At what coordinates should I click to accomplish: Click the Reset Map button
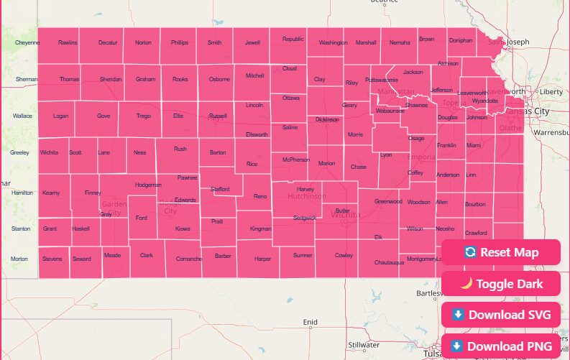coord(501,252)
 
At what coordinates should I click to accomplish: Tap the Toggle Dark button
coord(501,284)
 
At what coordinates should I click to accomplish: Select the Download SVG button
coord(501,315)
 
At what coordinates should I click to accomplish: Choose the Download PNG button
coord(501,346)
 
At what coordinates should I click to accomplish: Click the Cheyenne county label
coord(27,43)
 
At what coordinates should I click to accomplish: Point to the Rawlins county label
coord(68,43)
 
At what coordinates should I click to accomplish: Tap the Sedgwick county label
coord(304,218)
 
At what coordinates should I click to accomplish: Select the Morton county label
coord(19,259)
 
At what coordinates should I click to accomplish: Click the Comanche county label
coord(189,258)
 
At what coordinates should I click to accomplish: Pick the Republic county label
coord(293,40)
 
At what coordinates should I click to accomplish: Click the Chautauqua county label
coord(389,262)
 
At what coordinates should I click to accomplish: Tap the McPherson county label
coord(295,160)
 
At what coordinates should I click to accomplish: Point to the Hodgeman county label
coord(148,185)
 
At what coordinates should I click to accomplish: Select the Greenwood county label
coord(388,202)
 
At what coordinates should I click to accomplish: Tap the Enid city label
coord(310,322)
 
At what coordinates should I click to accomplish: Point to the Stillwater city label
coord(364,345)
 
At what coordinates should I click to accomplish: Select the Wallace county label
coord(22,115)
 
